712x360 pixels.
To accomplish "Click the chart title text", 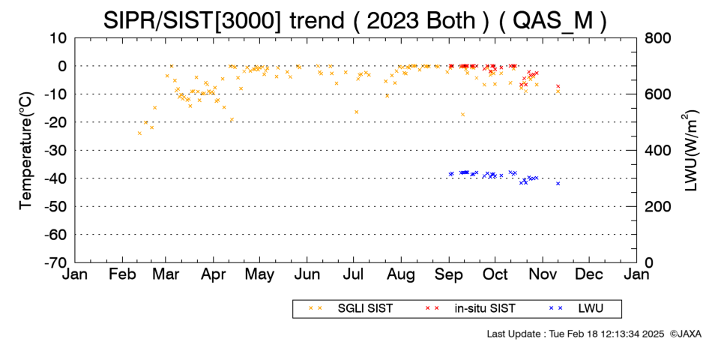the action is click(355, 20).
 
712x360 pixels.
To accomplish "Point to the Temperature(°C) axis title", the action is click(26, 151).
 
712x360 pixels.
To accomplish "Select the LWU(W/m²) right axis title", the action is click(688, 151).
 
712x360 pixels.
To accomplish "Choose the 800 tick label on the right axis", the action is click(658, 38).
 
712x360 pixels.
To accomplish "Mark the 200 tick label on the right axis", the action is click(658, 207).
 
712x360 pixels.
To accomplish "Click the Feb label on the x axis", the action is click(122, 274).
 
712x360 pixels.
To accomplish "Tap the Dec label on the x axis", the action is click(589, 274).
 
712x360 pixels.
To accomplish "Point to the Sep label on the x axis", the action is click(449, 274).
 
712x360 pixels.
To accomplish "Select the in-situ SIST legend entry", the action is click(471, 309).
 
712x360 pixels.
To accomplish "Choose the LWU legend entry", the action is click(576, 309).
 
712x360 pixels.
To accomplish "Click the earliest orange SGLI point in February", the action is click(139, 133).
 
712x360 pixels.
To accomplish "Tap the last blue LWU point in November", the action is click(558, 184).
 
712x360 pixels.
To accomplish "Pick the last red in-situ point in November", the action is click(558, 86).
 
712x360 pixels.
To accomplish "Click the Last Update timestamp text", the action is click(576, 334).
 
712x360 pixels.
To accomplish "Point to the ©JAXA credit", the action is click(685, 334).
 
